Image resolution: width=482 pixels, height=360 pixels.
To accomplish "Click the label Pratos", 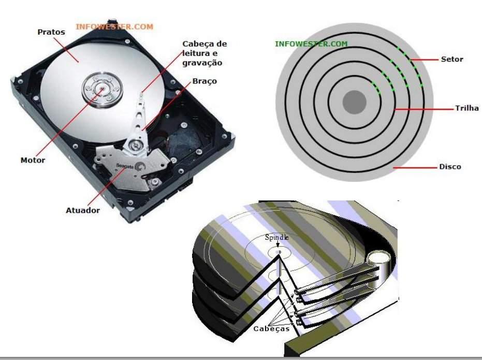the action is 51,32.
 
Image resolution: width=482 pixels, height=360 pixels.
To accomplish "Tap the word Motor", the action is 33,160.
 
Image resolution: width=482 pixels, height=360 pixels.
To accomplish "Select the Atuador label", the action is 83,211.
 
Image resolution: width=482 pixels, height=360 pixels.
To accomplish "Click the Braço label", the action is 205,81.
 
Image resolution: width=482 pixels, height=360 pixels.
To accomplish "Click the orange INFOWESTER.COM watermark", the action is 114,27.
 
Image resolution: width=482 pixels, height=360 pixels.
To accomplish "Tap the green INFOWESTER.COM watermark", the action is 311,44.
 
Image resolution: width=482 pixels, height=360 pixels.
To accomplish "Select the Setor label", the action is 452,60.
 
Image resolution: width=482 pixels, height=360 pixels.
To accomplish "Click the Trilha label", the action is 467,108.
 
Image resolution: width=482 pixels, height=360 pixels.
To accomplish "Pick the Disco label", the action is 450,167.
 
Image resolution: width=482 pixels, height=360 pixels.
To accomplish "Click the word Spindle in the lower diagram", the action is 276,237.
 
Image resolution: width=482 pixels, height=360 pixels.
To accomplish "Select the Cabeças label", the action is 271,329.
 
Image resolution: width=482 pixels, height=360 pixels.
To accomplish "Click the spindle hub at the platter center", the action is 102,89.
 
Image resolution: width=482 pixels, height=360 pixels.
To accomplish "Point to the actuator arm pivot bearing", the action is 135,145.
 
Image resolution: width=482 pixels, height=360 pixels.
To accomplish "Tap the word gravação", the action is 202,63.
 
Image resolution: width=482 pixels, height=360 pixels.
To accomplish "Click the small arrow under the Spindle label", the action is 277,244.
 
